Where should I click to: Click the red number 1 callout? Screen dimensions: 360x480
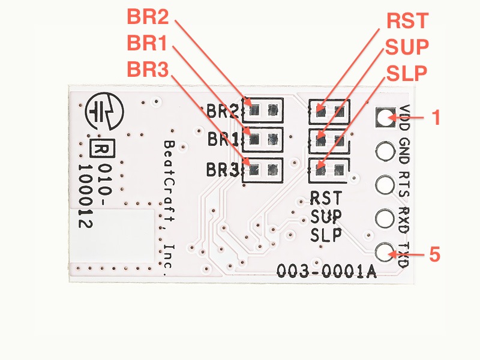coord(436,117)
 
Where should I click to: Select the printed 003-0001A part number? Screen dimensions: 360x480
coord(326,272)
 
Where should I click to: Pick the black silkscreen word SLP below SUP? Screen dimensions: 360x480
coord(326,235)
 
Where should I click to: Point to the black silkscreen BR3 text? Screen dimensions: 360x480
coord(221,170)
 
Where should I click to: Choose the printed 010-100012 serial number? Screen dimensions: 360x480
coord(93,195)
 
